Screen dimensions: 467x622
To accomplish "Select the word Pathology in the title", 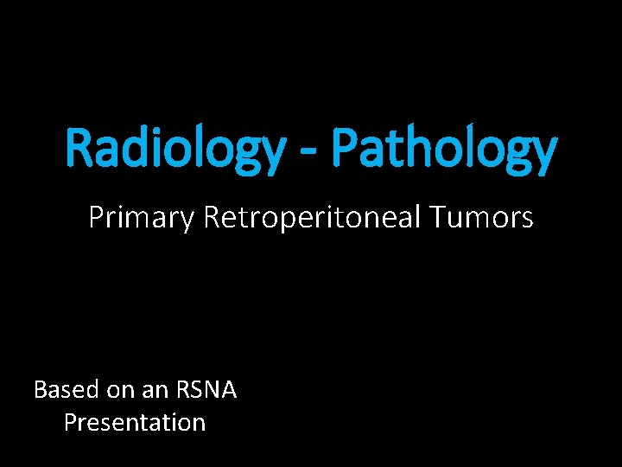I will [x=443, y=149].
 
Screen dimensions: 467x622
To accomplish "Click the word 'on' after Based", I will [x=120, y=391].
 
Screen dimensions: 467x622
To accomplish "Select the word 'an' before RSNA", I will [x=159, y=391].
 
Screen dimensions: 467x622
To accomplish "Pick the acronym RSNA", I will [x=207, y=390].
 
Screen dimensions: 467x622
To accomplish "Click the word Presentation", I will [x=135, y=423].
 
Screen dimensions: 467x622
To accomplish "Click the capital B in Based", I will [x=40, y=390].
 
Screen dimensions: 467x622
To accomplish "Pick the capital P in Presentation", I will [x=70, y=422].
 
